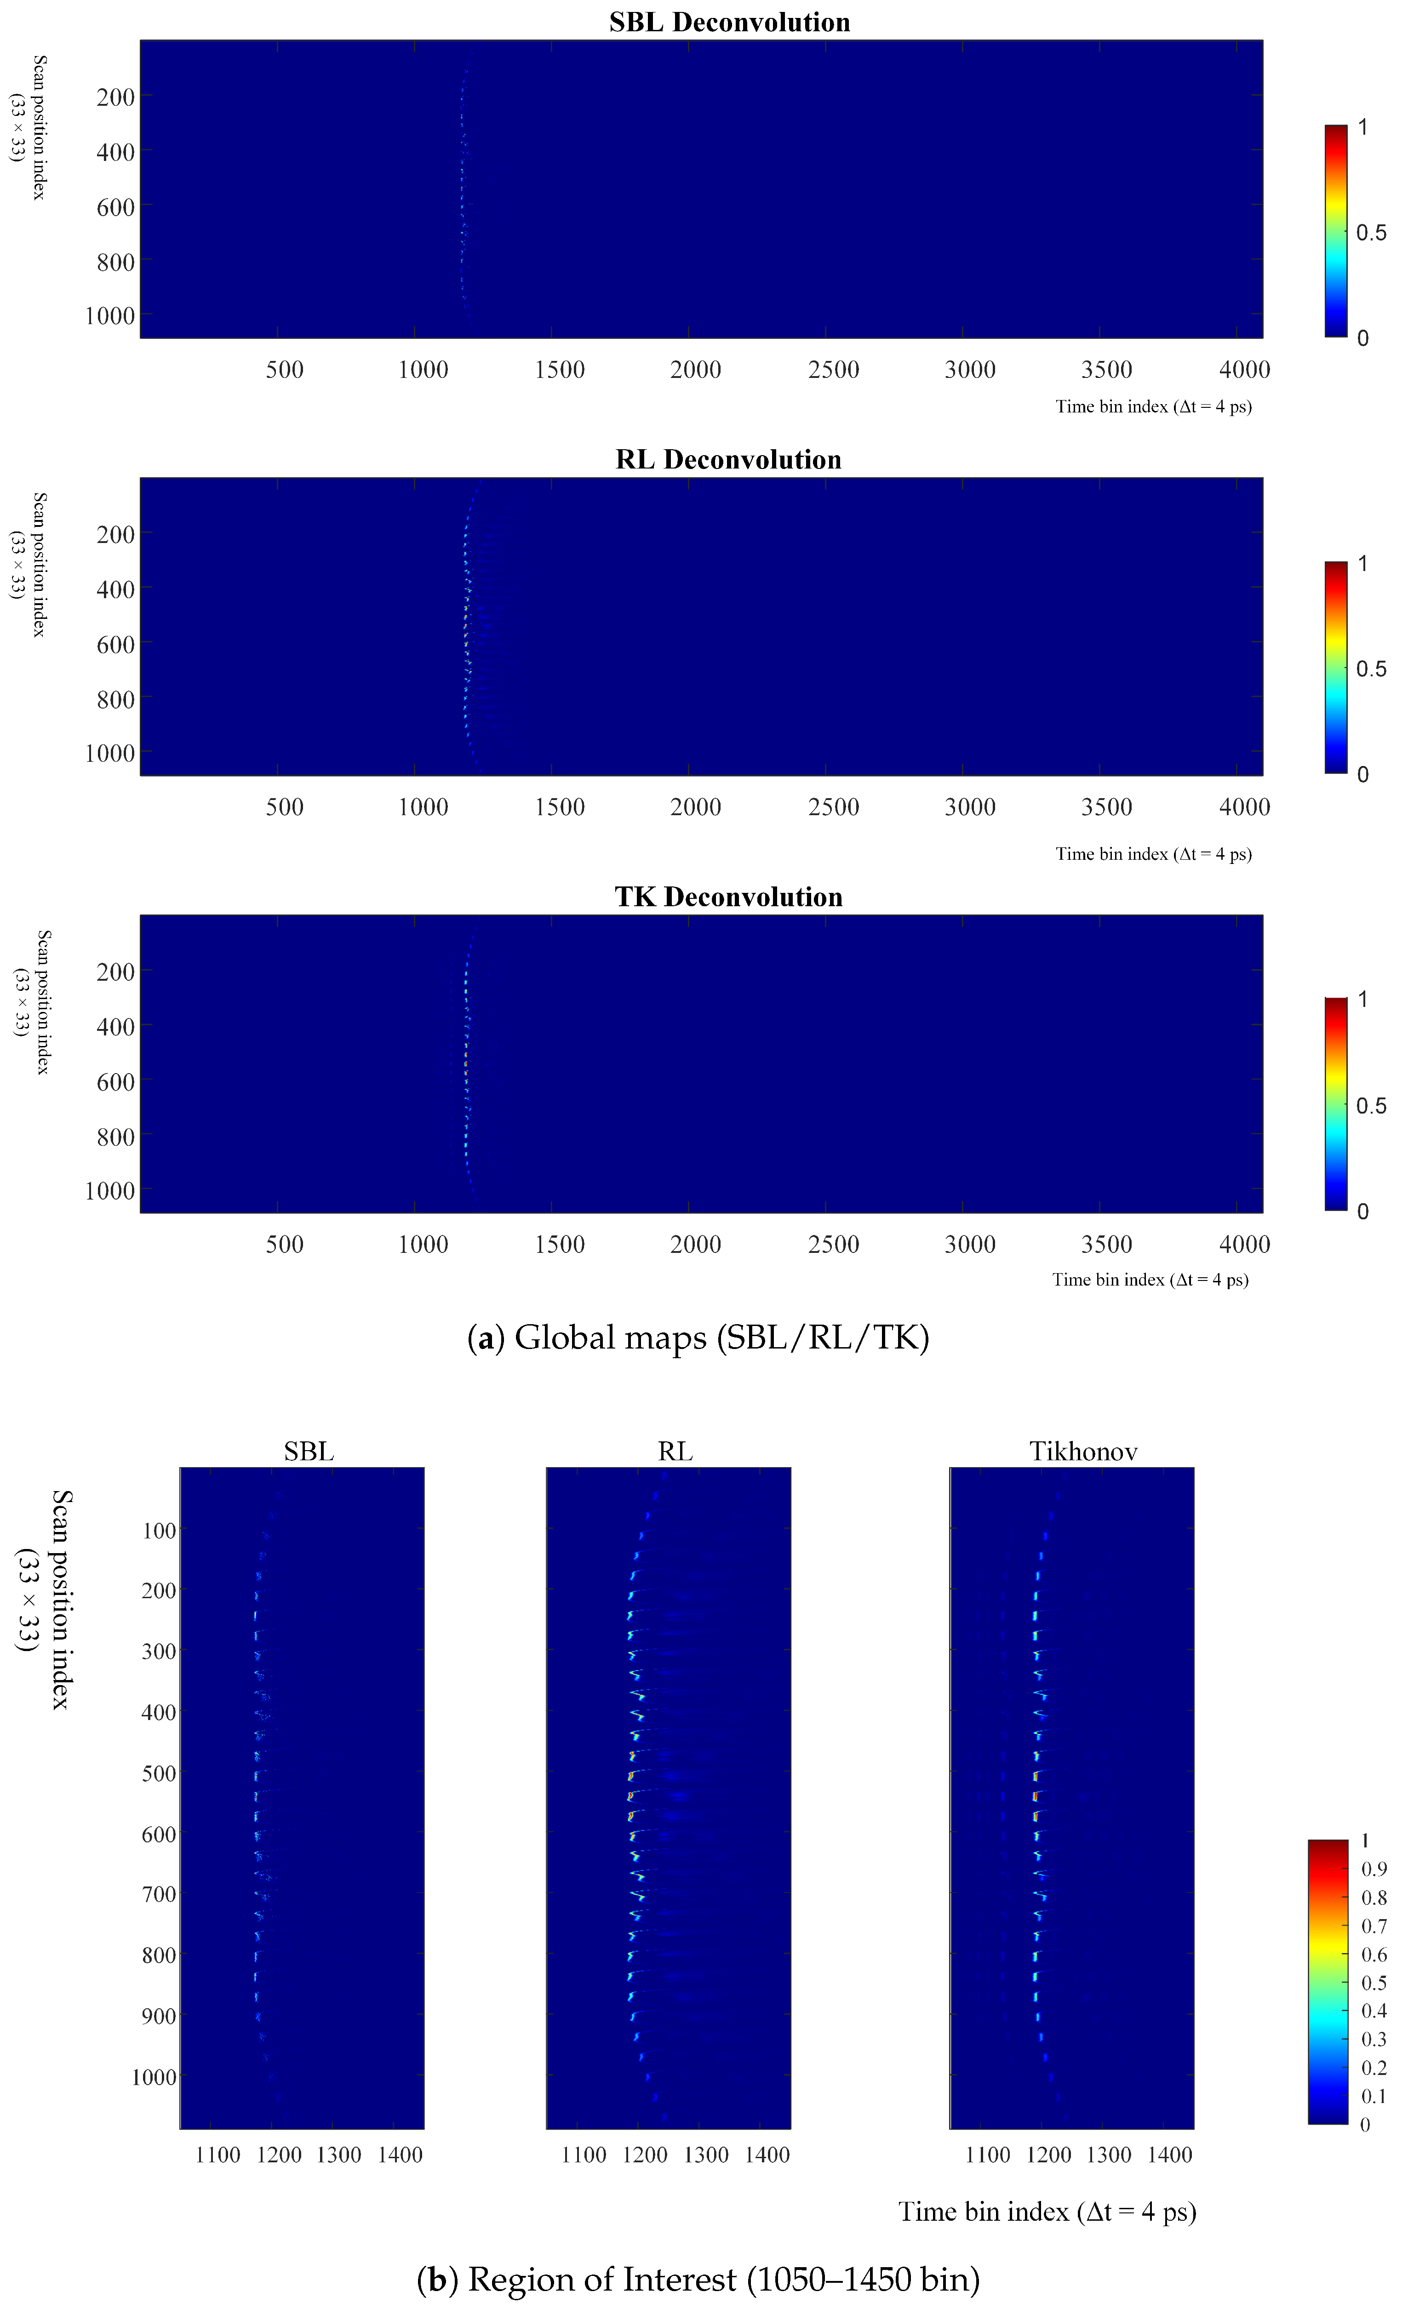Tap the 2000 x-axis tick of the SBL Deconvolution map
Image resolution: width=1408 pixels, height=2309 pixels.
(695, 369)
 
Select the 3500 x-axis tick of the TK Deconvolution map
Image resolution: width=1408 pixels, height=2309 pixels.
(1106, 1245)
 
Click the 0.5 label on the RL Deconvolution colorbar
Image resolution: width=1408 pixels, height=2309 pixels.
(1370, 669)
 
